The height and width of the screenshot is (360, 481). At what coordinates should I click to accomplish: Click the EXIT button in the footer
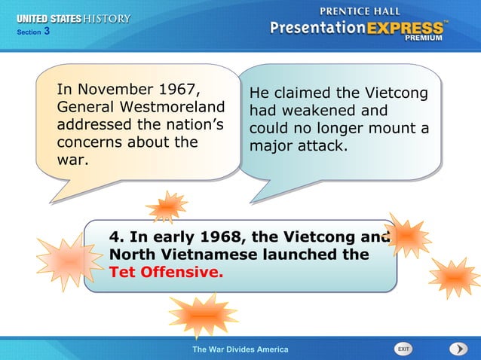[405, 349]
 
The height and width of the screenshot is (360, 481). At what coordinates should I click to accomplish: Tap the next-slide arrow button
[458, 349]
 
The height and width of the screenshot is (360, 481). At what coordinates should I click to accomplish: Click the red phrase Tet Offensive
[166, 273]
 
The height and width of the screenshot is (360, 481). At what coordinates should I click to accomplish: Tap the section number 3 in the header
[47, 31]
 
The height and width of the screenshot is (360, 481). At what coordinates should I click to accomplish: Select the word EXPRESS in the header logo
[406, 29]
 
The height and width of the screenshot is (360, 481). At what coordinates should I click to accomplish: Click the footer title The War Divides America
[240, 349]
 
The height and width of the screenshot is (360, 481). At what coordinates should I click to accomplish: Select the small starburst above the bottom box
[167, 206]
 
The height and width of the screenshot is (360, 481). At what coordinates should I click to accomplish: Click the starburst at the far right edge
[455, 276]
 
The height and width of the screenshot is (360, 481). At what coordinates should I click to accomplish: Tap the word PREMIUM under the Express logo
[424, 38]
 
